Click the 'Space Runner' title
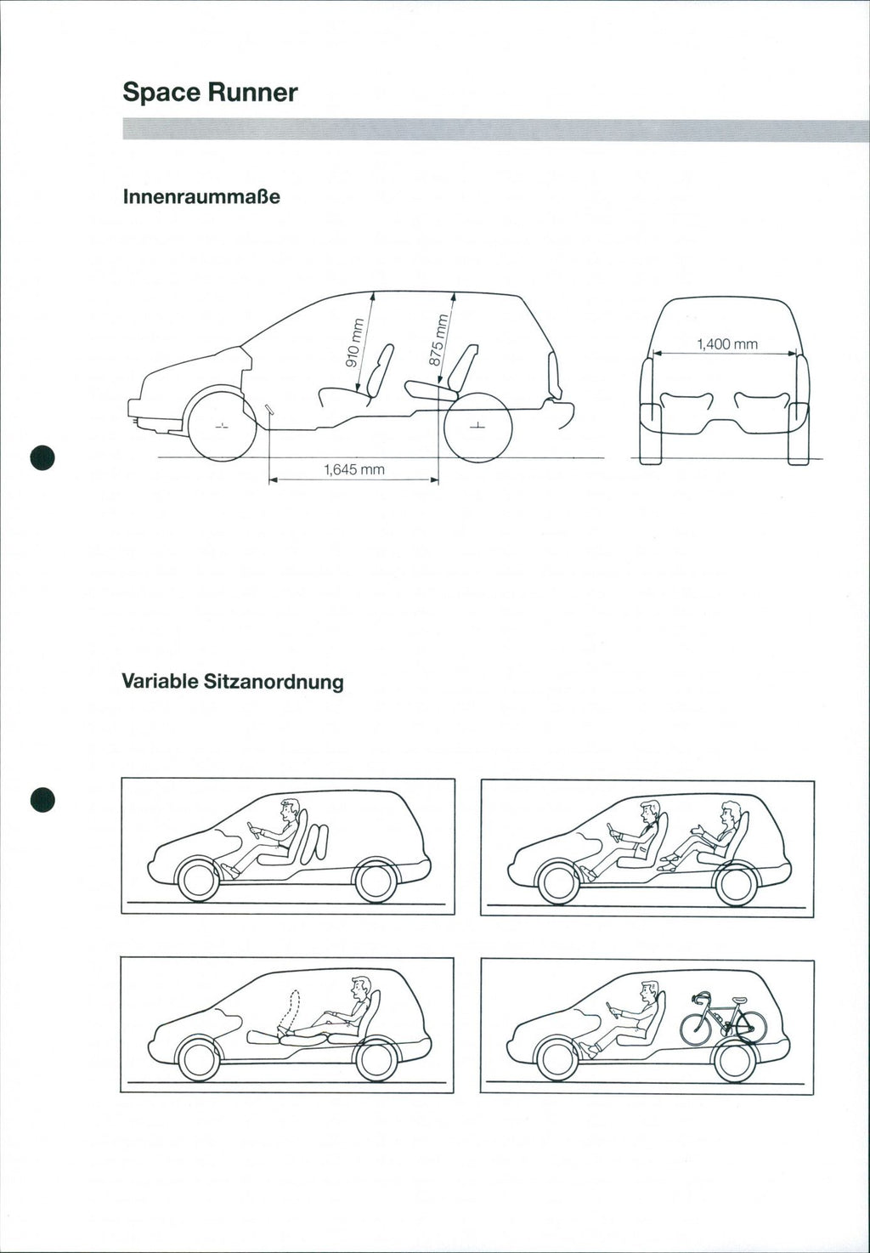tap(210, 93)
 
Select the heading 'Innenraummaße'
tap(201, 197)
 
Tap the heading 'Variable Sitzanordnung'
tap(233, 681)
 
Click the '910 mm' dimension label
tap(353, 342)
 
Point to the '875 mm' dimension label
tap(436, 340)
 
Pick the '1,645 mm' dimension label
tap(353, 469)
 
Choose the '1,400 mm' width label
tap(726, 344)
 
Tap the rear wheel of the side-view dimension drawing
tap(477, 426)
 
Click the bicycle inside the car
tap(723, 1018)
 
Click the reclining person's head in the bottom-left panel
tap(361, 987)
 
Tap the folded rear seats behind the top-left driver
tap(316, 842)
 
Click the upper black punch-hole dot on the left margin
tap(42, 456)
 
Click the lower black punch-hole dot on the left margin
tap(42, 800)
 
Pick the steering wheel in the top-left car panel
tap(253, 829)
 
